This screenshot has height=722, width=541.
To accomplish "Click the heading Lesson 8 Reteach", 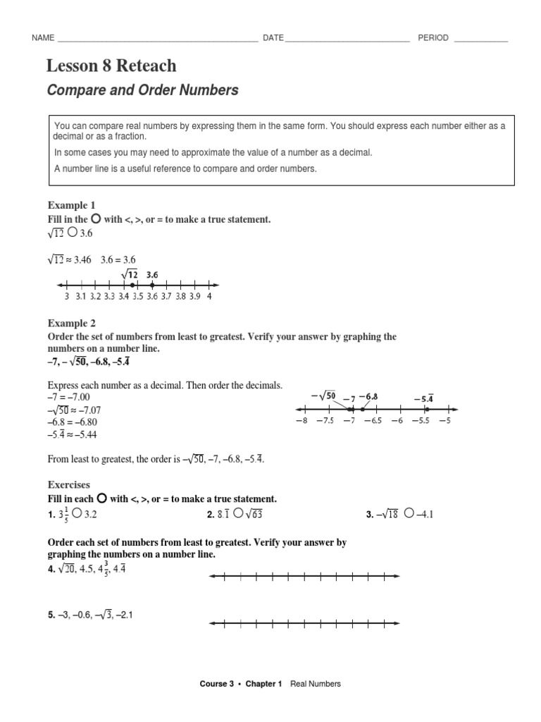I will click(111, 67).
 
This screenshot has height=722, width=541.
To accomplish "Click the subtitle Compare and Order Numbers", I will click(142, 90).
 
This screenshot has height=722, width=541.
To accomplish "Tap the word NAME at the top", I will click(43, 38).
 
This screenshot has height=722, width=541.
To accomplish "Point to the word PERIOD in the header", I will click(433, 38).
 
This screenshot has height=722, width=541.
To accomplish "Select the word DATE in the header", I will click(273, 38).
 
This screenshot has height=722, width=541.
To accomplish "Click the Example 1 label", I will click(67, 206).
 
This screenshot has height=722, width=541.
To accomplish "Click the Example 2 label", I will click(67, 323).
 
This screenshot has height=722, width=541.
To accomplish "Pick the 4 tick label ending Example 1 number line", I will click(210, 297).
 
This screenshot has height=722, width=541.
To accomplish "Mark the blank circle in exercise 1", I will click(76, 515).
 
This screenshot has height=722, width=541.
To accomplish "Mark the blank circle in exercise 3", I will click(409, 515).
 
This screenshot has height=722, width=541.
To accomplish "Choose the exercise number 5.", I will click(51, 615).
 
